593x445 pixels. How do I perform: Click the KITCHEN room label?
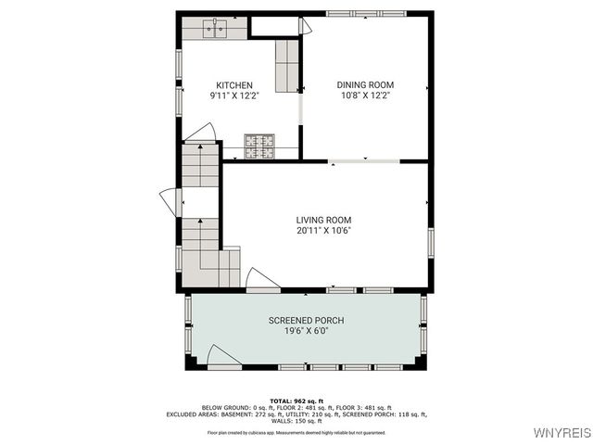coord(234,85)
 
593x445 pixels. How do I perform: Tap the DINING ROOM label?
coord(364,85)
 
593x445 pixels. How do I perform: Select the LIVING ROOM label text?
coord(324,220)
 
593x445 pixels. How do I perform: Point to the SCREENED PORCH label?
coord(306,321)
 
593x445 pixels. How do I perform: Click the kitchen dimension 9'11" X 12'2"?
coord(234,95)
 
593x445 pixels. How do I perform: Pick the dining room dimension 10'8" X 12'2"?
coord(364,95)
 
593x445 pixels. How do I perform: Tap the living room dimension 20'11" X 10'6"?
coord(324,230)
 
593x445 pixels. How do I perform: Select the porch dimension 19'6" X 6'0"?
coord(306,331)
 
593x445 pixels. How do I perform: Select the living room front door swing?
coord(260,280)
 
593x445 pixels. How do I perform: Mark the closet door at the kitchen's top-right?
coord(305,27)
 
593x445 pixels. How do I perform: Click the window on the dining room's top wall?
coord(352,13)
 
